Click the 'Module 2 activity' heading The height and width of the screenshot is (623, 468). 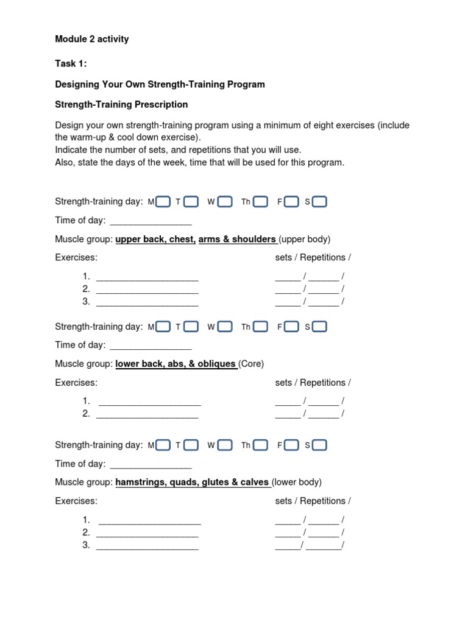pos(91,40)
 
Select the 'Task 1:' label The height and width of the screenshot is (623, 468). pos(71,64)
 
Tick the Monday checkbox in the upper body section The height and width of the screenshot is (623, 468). pos(163,201)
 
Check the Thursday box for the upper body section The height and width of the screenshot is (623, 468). pos(260,201)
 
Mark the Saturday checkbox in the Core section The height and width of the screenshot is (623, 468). pos(319,327)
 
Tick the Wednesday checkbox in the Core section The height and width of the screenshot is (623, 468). pos(225,327)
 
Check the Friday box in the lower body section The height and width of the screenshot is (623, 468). pos(291,445)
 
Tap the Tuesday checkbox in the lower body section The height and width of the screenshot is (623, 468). pos(191,445)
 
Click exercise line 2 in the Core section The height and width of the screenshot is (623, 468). pos(147,414)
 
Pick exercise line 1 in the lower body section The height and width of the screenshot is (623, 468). pos(150,521)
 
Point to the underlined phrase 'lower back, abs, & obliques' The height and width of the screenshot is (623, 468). pos(175,364)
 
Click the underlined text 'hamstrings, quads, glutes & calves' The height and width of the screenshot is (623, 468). pos(192,482)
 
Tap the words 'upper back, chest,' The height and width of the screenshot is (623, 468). pos(155,239)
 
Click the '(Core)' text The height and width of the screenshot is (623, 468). pos(251,364)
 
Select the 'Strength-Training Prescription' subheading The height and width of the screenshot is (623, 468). pos(121,105)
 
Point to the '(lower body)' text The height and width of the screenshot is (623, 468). pos(297,482)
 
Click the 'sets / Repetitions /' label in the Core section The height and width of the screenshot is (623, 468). pos(313,383)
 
